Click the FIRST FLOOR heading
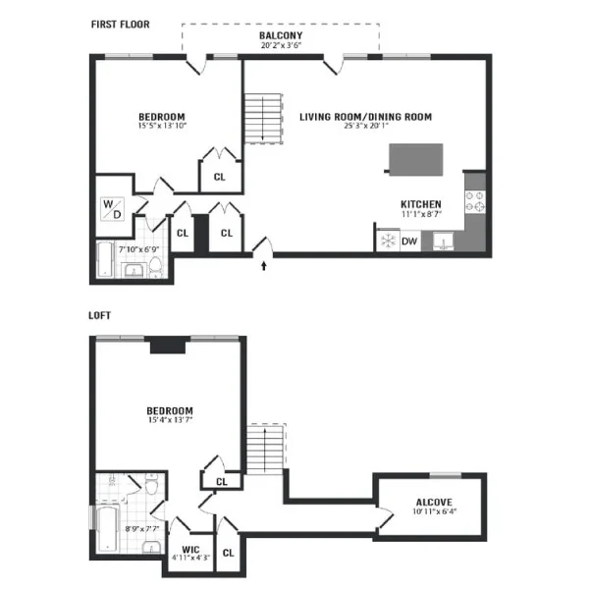pos(120,25)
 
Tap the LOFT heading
pos(99,315)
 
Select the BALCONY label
pos(281,35)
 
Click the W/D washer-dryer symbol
pos(112,209)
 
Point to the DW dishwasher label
pos(409,241)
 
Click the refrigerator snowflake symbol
pos(388,241)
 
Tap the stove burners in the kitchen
pos(475,201)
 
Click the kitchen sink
pos(443,241)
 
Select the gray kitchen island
pos(416,160)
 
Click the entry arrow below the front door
pos(264,266)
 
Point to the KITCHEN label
pos(421,205)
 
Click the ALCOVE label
pos(434,503)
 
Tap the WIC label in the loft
pos(190,550)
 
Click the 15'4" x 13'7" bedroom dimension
pos(170,419)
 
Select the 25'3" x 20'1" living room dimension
pos(366,126)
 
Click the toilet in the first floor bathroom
pos(155,266)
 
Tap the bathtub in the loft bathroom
pos(107,530)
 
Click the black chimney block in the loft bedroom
pos(168,345)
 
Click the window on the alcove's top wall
pos(446,475)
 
